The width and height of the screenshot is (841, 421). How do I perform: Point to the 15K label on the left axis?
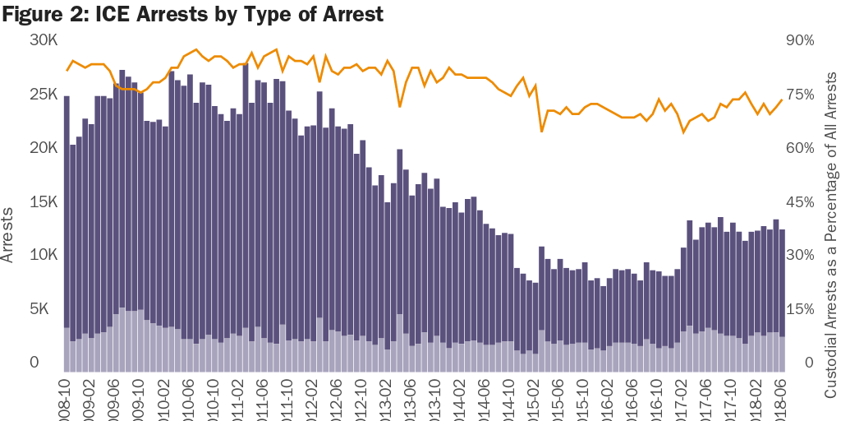tap(43, 202)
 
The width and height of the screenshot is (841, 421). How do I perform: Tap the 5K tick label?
tap(46, 309)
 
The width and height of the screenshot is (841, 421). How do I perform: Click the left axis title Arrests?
tap(9, 235)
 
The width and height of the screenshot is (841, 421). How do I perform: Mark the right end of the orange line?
tap(782, 100)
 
